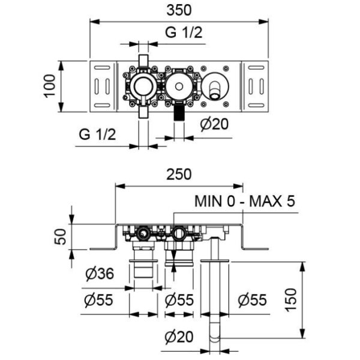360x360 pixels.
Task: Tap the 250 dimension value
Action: pos(179,175)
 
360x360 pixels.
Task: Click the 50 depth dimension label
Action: pos(59,236)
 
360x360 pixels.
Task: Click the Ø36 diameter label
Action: pos(100,275)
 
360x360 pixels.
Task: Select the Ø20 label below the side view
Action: pos(180,338)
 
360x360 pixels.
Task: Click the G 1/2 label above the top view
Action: pos(184,32)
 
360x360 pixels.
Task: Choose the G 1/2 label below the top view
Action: pos(97,134)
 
